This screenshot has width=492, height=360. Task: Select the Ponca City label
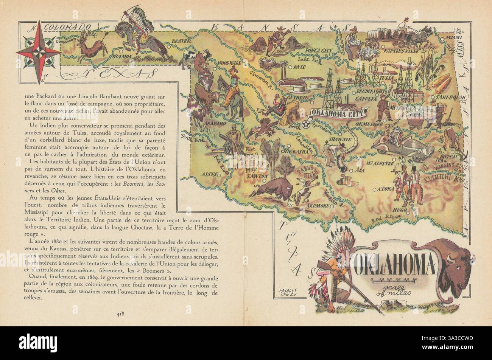[x=317, y=51]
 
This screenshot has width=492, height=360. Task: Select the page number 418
[x=121, y=313]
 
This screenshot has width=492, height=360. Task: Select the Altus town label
[x=210, y=174]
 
